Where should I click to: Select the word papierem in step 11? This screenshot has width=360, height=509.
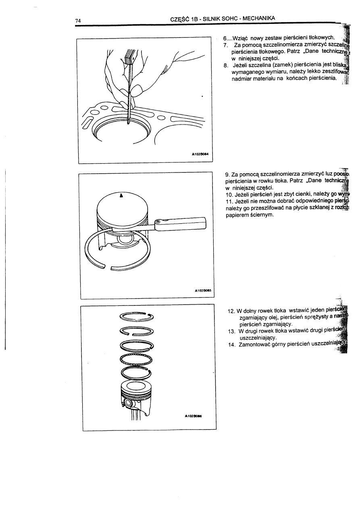click(x=238, y=215)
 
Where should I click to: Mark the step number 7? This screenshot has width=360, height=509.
click(x=226, y=45)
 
